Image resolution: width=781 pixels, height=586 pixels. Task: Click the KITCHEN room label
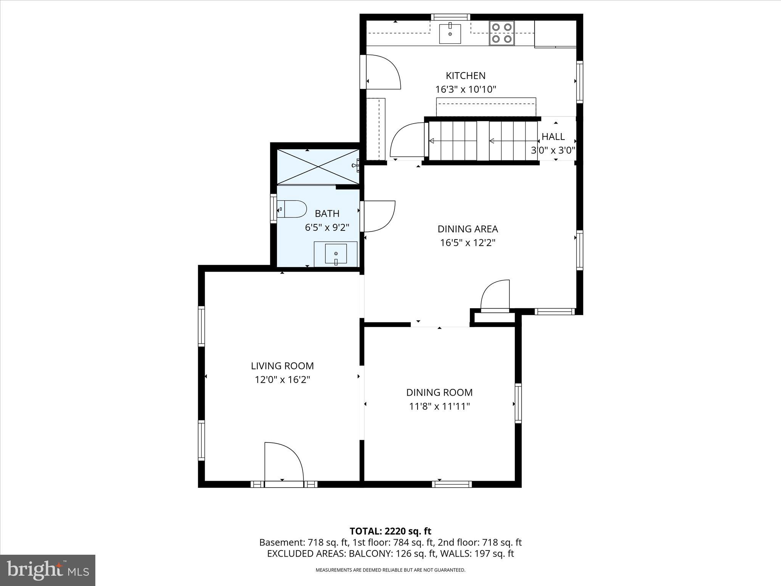coord(466,76)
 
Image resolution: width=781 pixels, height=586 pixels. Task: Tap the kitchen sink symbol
coord(450,34)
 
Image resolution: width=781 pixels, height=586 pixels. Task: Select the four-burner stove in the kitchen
coord(502,33)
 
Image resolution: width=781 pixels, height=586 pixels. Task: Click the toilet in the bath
coord(292,209)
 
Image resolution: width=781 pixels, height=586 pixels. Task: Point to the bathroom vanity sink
coord(336,254)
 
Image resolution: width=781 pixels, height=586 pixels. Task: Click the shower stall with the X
coord(318,167)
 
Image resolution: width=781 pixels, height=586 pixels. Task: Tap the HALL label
coord(553,137)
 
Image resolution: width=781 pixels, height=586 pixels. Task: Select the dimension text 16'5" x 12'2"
coord(468,243)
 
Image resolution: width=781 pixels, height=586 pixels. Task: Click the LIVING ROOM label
coord(282,366)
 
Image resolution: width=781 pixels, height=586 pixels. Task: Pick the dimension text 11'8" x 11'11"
coord(439,406)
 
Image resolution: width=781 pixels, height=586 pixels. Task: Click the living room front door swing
coord(284,463)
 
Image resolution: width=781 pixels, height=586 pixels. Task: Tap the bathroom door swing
coord(379,216)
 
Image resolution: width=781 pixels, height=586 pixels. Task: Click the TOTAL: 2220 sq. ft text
coord(390,531)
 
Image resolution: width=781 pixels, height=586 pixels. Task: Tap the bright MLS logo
coord(48,570)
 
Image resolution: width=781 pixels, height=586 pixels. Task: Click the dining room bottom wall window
coord(452,484)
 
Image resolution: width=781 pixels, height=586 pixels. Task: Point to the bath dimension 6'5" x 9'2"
coord(327,228)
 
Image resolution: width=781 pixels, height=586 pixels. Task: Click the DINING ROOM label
coord(439,392)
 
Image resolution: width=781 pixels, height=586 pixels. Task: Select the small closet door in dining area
coord(495,296)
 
